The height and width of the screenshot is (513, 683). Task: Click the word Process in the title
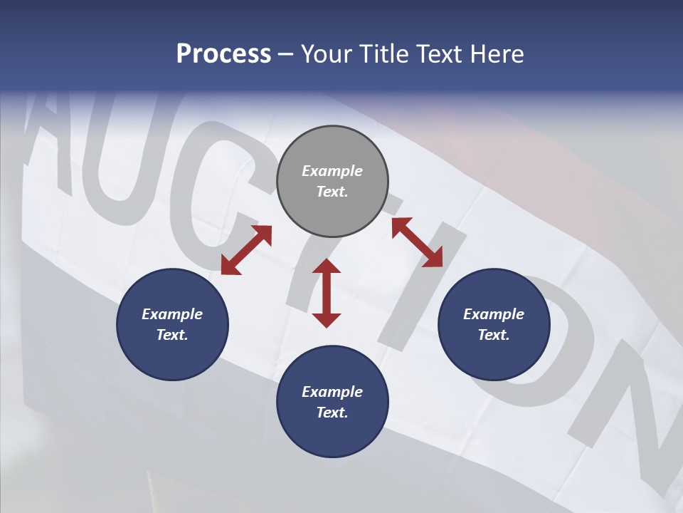point(223,54)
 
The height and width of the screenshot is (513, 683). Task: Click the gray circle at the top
point(332,182)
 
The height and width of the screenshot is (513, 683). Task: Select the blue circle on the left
point(172,324)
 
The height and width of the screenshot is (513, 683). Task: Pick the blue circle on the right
point(494,324)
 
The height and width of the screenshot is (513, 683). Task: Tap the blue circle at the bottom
point(332,401)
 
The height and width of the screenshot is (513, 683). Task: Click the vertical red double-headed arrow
point(327,293)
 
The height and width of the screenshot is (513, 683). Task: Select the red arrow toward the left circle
point(246,250)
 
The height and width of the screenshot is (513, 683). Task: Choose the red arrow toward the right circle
point(418,242)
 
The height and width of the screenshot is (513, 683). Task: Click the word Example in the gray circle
point(332,171)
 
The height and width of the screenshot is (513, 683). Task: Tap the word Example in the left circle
point(172,314)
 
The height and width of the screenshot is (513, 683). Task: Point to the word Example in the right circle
point(494,314)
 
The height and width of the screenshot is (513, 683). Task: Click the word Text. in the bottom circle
point(332,413)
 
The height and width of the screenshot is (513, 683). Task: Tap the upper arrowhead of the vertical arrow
point(327,267)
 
